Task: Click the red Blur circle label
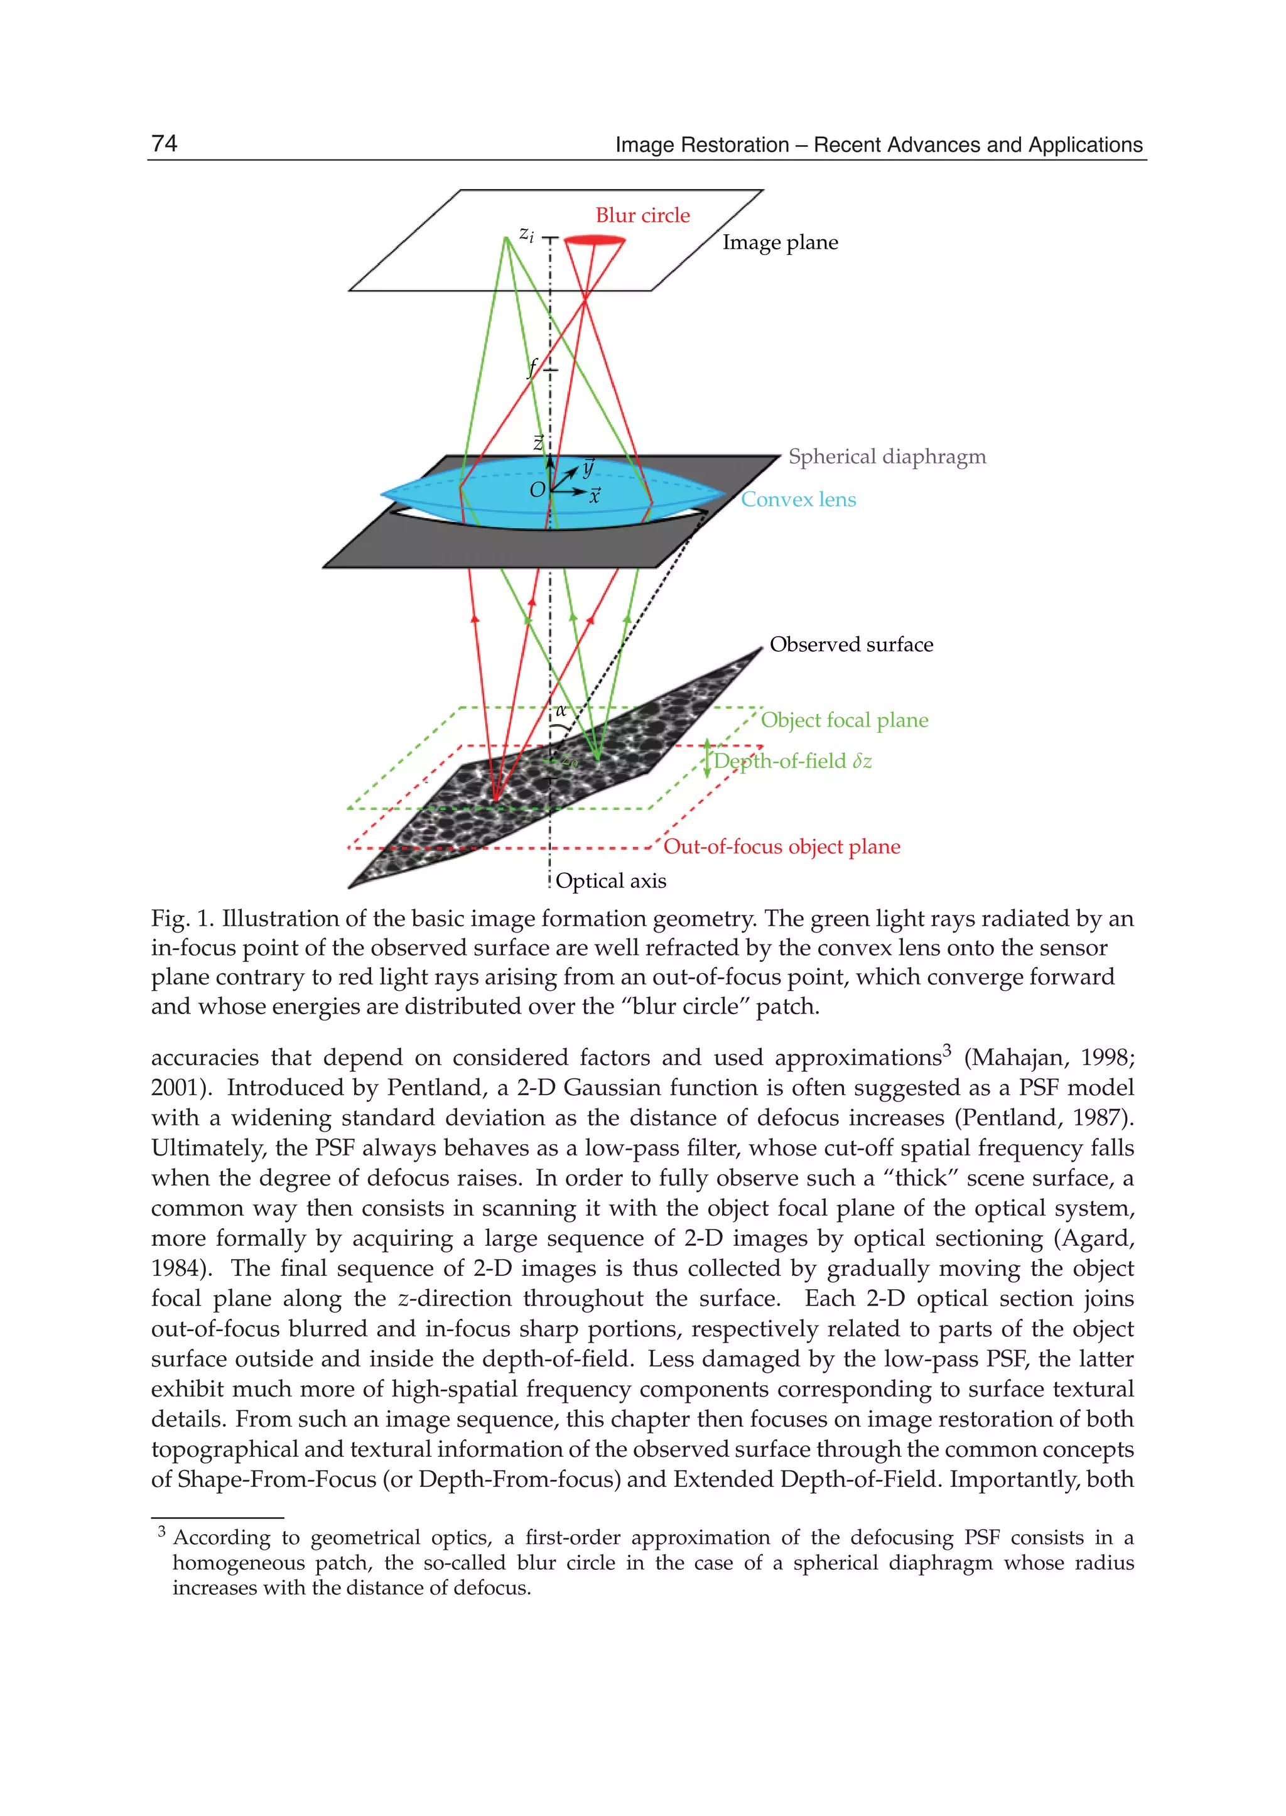coord(642,215)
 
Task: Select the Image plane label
coord(780,242)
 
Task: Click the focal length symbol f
coord(533,367)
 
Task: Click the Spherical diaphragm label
coord(887,457)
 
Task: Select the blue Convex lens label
coord(798,500)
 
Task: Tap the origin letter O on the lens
coord(537,490)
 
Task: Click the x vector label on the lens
coord(595,496)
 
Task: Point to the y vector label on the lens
coord(588,467)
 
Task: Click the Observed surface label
coord(851,645)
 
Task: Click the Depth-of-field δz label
coord(792,761)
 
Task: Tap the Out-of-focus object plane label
coord(782,846)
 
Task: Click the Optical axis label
coord(610,880)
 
